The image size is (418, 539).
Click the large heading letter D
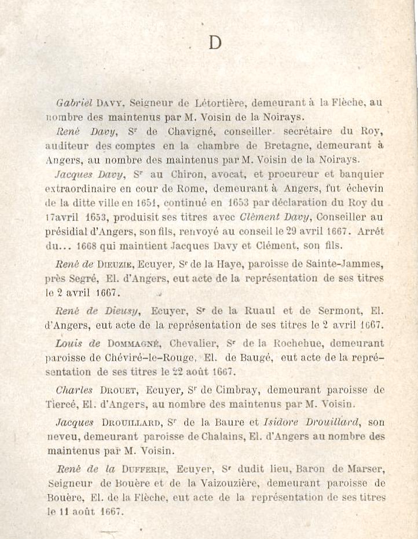click(x=215, y=43)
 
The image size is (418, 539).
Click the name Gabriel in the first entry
click(x=74, y=103)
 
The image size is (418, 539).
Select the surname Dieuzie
click(x=118, y=264)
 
